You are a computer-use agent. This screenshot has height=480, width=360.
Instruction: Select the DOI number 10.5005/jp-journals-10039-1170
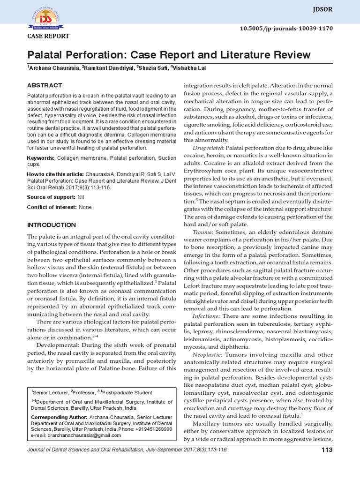(x=292, y=29)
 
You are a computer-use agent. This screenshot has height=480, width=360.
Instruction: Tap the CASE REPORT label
(x=48, y=36)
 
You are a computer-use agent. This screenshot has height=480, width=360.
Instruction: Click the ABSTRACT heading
(x=45, y=85)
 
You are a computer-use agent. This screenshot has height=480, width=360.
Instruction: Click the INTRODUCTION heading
(x=51, y=225)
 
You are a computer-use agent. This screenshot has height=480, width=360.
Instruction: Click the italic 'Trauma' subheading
(x=202, y=232)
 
